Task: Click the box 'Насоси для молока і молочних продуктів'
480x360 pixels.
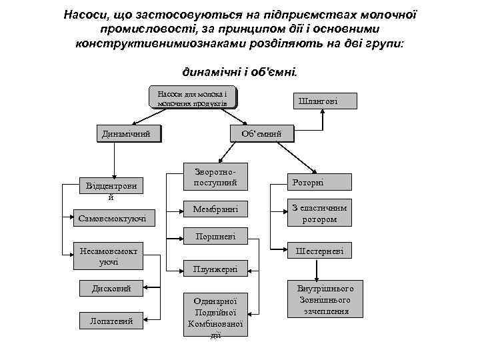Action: click(x=193, y=98)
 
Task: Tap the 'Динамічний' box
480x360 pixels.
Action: click(x=129, y=134)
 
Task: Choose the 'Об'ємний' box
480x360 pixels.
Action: click(x=261, y=134)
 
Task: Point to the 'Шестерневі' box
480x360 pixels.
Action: click(x=319, y=251)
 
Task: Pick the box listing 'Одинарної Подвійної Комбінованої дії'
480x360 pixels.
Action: click(x=214, y=315)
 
